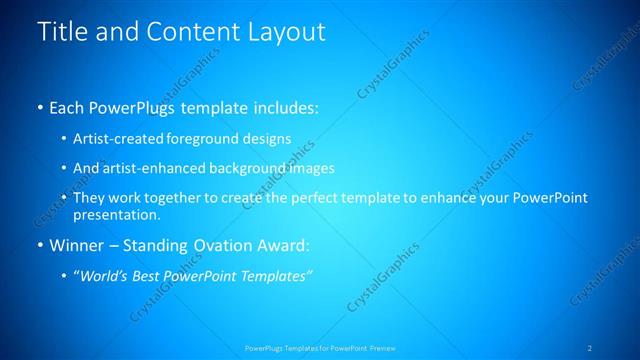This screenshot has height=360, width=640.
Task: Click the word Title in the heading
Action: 62,32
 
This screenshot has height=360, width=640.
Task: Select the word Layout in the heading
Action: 282,32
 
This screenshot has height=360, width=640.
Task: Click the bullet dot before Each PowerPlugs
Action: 40,107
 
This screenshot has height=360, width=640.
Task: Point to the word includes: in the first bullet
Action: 284,107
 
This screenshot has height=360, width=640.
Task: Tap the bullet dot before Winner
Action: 40,245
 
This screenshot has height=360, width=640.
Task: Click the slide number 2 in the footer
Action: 590,347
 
